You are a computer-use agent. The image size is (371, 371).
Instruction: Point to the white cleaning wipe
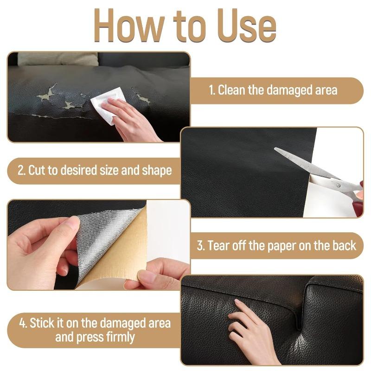pos(107,103)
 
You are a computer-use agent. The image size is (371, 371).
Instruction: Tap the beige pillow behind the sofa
pos(58,59)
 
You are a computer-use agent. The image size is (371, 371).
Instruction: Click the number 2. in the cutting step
pos(21,170)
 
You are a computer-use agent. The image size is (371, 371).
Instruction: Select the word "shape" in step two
pos(156,171)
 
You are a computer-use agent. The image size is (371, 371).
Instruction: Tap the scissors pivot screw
pos(338,184)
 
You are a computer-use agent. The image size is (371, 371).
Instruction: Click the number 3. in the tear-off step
pos(201,245)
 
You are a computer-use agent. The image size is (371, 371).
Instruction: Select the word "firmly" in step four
pos(118,337)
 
